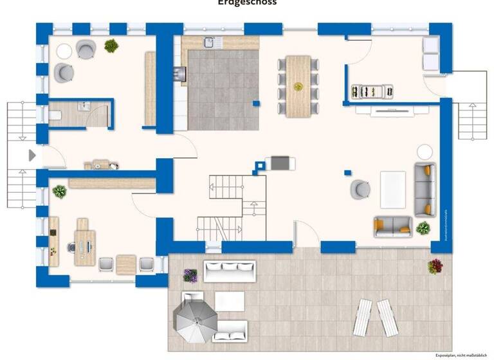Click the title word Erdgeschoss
pos(247,3)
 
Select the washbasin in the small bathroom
pos(83,106)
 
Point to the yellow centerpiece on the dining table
pos(298,86)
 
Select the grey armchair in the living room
pos(360,189)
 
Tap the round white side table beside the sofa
pos(425,152)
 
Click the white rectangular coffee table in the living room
pos(392,189)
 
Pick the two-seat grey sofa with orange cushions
pos(392,226)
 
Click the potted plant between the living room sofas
pos(423,228)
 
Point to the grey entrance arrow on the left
pos(32,155)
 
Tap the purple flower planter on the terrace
pos(190,275)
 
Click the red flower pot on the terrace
pos(435,265)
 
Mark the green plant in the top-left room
pos(111,46)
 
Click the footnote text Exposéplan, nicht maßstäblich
pos(460,355)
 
